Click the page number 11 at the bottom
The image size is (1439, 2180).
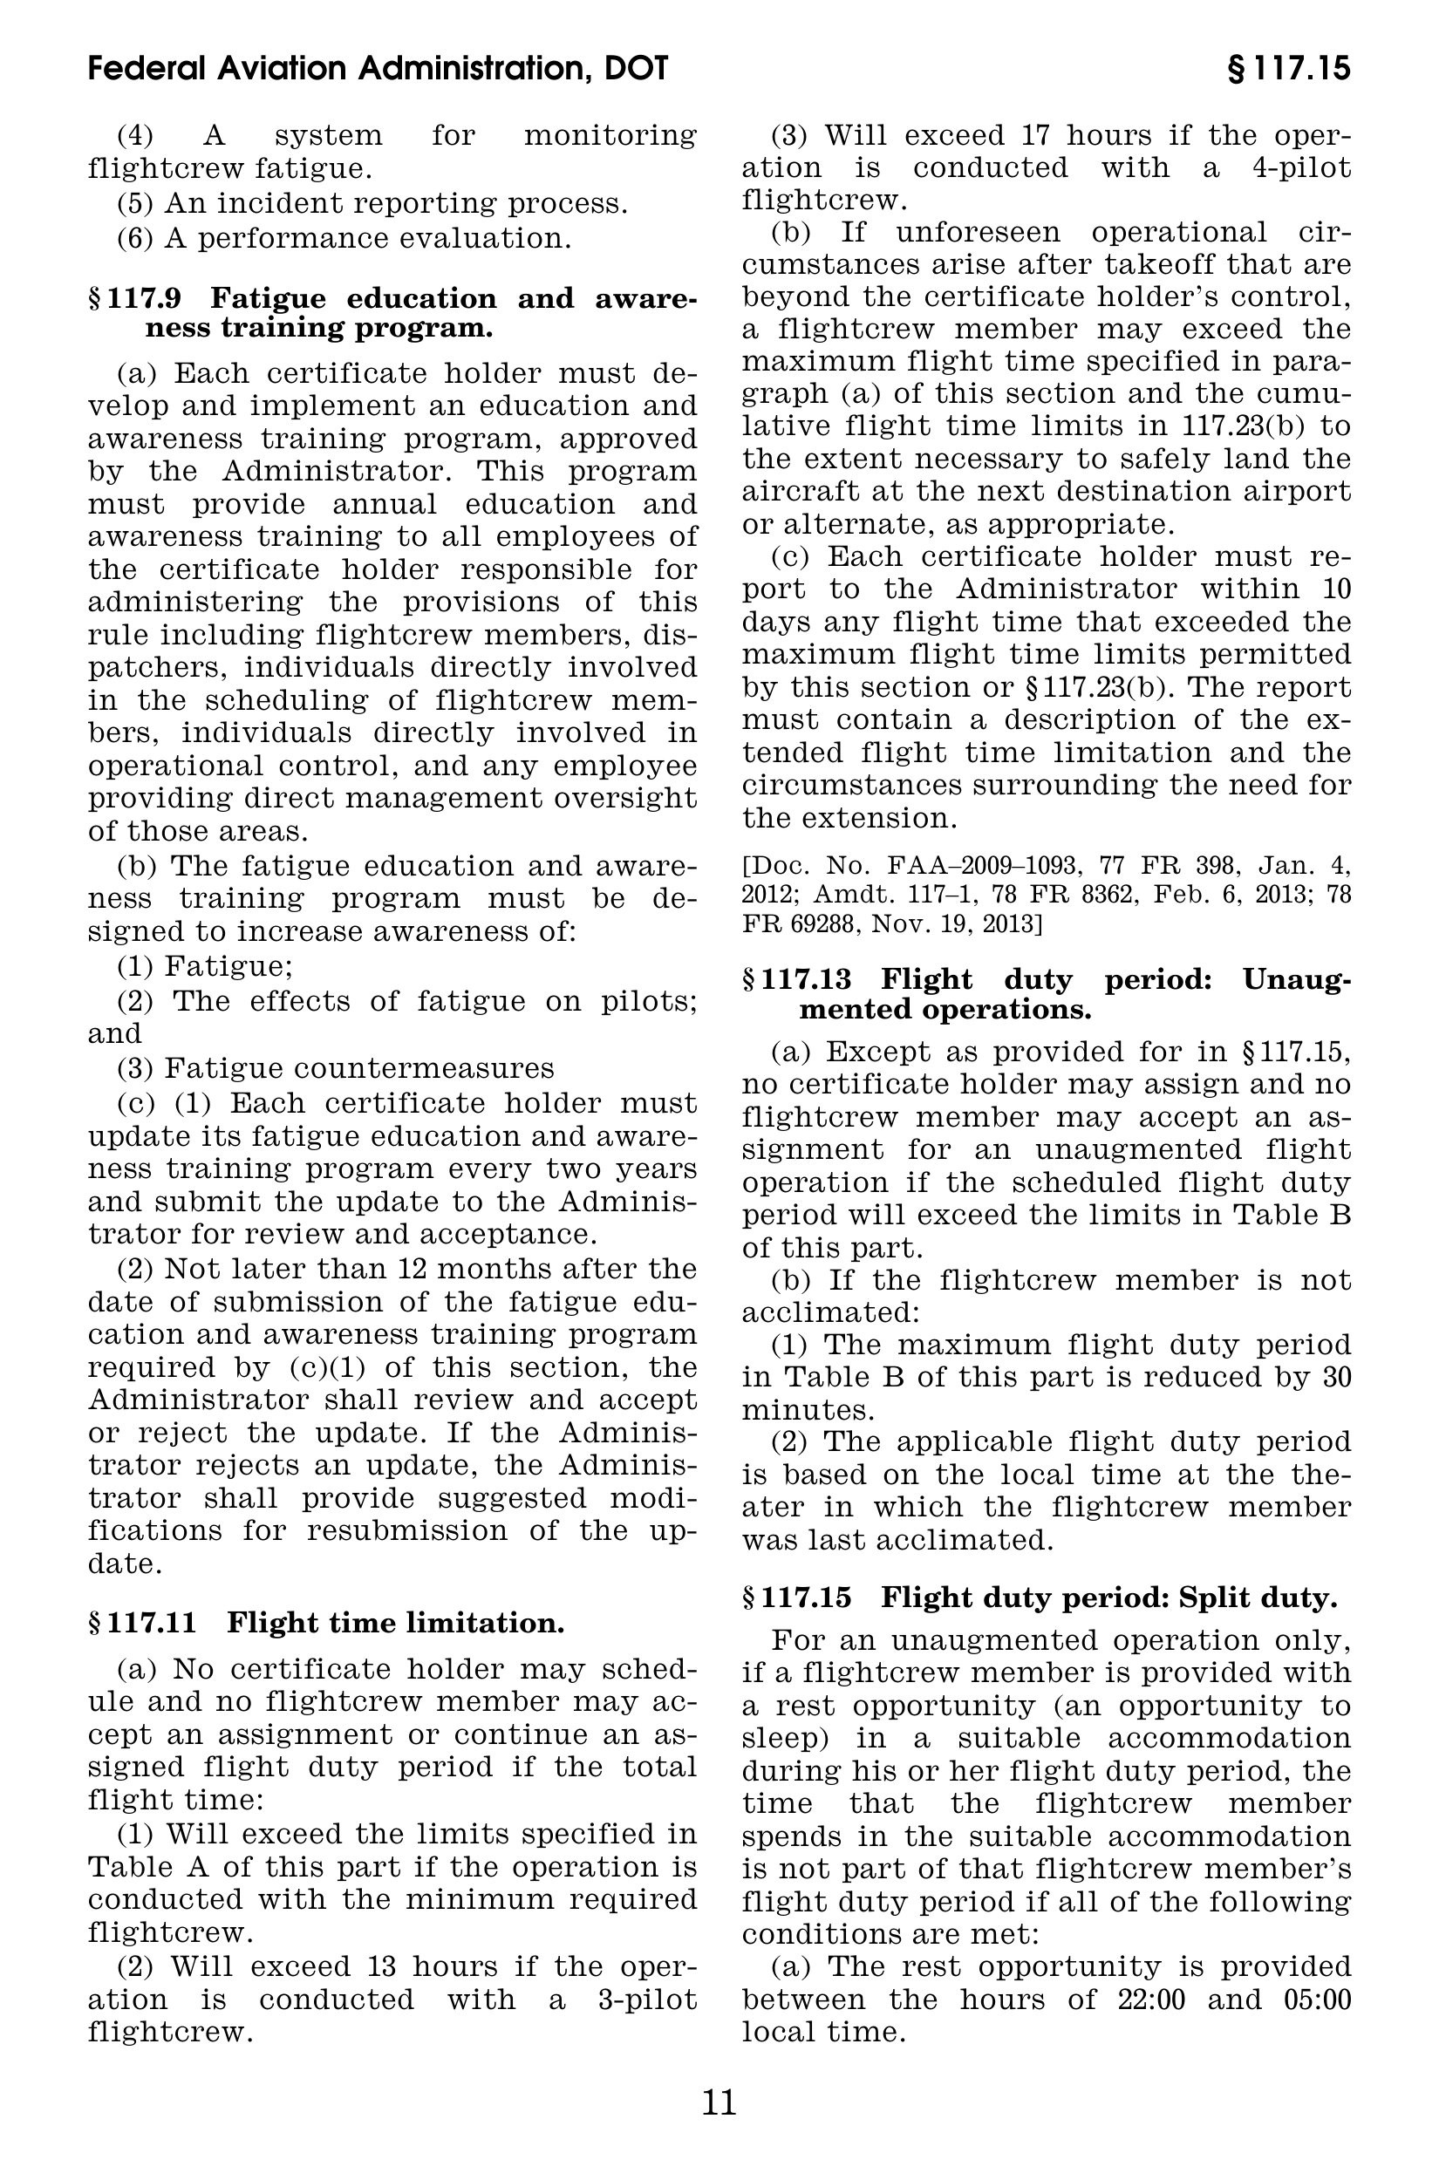pos(719,2102)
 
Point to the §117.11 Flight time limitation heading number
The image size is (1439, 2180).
pos(143,1623)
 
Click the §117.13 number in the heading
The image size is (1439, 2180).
pos(796,979)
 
